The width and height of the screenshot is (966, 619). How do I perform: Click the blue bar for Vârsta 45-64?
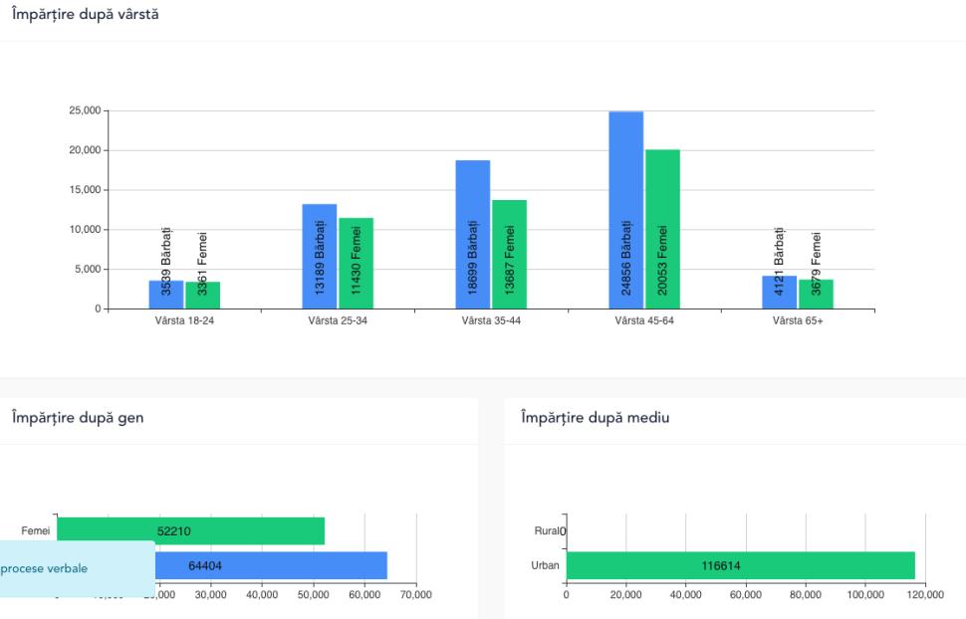click(x=625, y=210)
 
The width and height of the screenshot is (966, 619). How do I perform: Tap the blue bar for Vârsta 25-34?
click(x=320, y=256)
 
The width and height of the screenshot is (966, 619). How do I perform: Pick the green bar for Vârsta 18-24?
click(x=202, y=296)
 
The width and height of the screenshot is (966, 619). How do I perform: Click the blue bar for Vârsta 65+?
click(x=779, y=293)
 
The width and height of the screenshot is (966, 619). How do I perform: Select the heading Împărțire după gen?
click(x=77, y=418)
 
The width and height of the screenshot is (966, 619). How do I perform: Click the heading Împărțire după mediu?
click(x=595, y=418)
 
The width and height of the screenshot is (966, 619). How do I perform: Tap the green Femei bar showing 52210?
click(x=190, y=530)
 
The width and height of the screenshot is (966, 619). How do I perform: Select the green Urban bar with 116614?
click(x=740, y=565)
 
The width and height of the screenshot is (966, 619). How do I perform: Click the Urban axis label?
click(x=547, y=565)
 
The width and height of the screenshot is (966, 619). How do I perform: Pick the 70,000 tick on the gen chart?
click(x=415, y=594)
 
